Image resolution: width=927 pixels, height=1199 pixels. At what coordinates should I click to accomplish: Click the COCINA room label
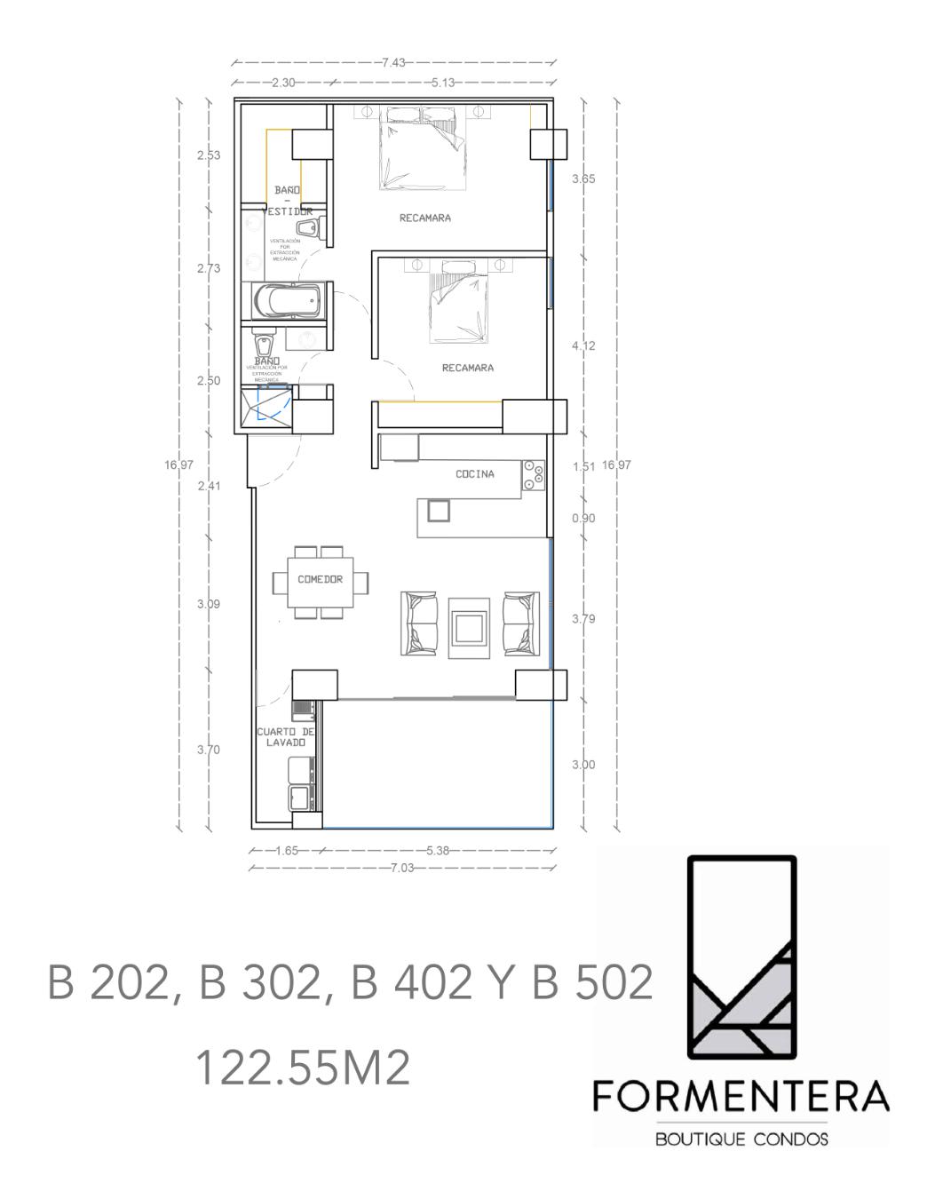475,474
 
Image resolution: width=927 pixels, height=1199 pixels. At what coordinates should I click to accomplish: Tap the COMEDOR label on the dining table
320,580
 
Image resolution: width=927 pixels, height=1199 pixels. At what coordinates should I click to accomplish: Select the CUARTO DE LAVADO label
286,737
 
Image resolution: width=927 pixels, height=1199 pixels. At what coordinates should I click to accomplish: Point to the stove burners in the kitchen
534,475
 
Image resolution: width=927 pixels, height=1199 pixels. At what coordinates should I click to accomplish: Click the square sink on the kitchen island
439,510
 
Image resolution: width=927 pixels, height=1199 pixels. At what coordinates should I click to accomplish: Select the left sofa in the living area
421,623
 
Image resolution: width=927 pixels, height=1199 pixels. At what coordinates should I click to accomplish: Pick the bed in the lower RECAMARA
459,302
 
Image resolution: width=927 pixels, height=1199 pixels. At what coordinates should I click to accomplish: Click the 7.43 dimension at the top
393,63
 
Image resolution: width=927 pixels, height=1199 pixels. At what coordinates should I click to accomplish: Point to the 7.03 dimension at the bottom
402,868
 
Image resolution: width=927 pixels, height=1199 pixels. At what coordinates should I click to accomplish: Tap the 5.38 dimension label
438,850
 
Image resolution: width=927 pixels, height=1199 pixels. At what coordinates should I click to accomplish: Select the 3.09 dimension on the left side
209,604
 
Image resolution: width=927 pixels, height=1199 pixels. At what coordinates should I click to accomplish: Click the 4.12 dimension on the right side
583,345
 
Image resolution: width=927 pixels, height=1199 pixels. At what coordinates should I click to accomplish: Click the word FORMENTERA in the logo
741,1098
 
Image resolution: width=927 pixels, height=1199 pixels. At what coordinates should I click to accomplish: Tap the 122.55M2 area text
302,1068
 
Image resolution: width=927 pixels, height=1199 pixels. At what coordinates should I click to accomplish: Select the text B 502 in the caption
592,984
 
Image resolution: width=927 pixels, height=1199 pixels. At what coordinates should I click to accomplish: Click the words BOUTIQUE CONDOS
741,1139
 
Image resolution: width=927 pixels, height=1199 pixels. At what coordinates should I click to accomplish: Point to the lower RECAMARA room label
468,368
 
